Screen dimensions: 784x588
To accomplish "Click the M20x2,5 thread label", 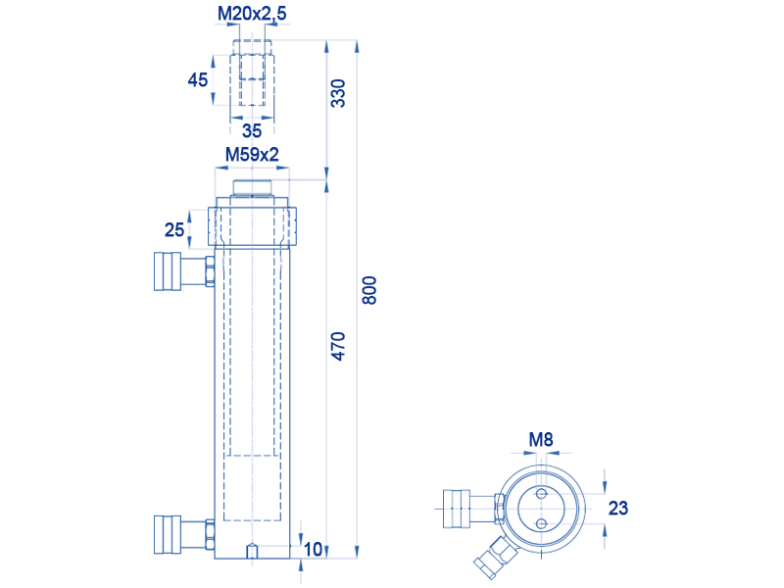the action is coord(252,14).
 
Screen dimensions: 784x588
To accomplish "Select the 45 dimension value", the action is coord(198,79).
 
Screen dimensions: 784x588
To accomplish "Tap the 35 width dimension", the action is coord(252,130).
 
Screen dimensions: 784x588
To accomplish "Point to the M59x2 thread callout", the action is coord(252,155).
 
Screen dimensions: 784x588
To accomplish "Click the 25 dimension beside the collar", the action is coord(174,229).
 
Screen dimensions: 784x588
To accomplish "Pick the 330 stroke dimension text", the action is coord(338,93).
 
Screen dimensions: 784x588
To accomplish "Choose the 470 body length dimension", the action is coord(338,346).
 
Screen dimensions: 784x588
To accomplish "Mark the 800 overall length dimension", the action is coord(369,290).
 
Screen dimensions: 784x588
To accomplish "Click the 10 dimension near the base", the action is coord(313,549).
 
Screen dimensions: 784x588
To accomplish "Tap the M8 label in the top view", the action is coord(541,439).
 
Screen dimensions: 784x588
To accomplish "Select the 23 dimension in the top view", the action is coord(618,508).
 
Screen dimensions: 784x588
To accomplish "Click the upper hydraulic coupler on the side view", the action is coord(184,271).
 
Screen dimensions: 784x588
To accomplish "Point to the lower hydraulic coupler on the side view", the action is coord(184,534).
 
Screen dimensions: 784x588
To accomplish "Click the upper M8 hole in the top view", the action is coord(541,495).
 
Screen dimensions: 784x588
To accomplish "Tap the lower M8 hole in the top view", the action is coord(541,524).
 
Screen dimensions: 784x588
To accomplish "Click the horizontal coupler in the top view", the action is coord(474,509).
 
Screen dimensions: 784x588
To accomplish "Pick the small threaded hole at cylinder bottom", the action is coord(252,551).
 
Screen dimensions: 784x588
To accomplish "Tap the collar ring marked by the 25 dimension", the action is coord(252,226).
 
